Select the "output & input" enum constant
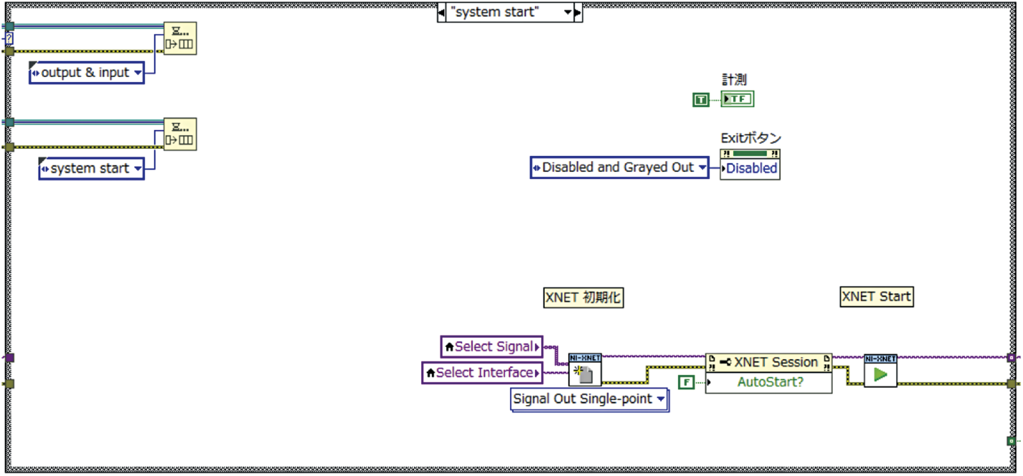pyautogui.click(x=86, y=73)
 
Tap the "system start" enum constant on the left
pyautogui.click(x=92, y=169)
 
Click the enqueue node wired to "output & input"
pyautogui.click(x=180, y=38)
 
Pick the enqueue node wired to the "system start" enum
pyautogui.click(x=180, y=134)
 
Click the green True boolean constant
pyautogui.click(x=701, y=99)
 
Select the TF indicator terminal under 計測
pyautogui.click(x=737, y=99)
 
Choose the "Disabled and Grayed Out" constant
pyautogui.click(x=619, y=168)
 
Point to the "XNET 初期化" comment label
pyautogui.click(x=583, y=297)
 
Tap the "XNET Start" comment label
pyautogui.click(x=876, y=297)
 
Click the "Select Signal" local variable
pyautogui.click(x=492, y=347)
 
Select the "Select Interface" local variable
pyautogui.click(x=482, y=373)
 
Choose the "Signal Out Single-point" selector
pyautogui.click(x=589, y=399)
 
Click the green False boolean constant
pyautogui.click(x=686, y=383)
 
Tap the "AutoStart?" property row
pyautogui.click(x=769, y=383)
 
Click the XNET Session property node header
pyautogui.click(x=769, y=363)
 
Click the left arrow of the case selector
pyautogui.click(x=442, y=12)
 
